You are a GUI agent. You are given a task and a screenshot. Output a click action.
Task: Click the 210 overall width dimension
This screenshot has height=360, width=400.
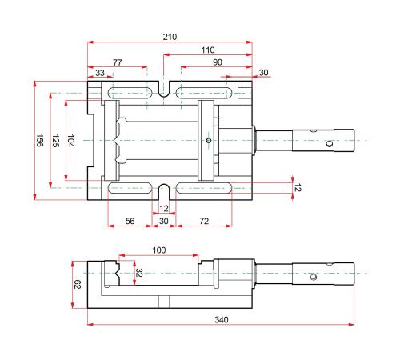pos(170,37)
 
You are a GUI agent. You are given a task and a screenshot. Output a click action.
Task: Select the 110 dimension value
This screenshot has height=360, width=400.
pos(208,50)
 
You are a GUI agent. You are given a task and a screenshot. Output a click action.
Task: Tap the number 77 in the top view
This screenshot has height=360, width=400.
pos(118,62)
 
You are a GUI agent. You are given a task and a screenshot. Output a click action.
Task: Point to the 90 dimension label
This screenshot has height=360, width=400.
pos(218,62)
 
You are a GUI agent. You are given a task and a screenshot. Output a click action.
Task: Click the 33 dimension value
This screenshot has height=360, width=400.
pos(100,73)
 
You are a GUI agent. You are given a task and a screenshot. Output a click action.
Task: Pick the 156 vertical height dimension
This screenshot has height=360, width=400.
pos(39,140)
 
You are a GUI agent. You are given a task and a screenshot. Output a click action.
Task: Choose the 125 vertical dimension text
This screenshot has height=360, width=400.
pos(55,141)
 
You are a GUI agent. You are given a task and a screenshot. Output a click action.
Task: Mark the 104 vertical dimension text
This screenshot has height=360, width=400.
pos(70,141)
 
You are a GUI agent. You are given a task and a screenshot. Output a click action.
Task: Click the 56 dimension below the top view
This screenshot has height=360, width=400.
pos(130,221)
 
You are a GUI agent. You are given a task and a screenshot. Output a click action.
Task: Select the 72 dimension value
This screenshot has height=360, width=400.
pos(204,221)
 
